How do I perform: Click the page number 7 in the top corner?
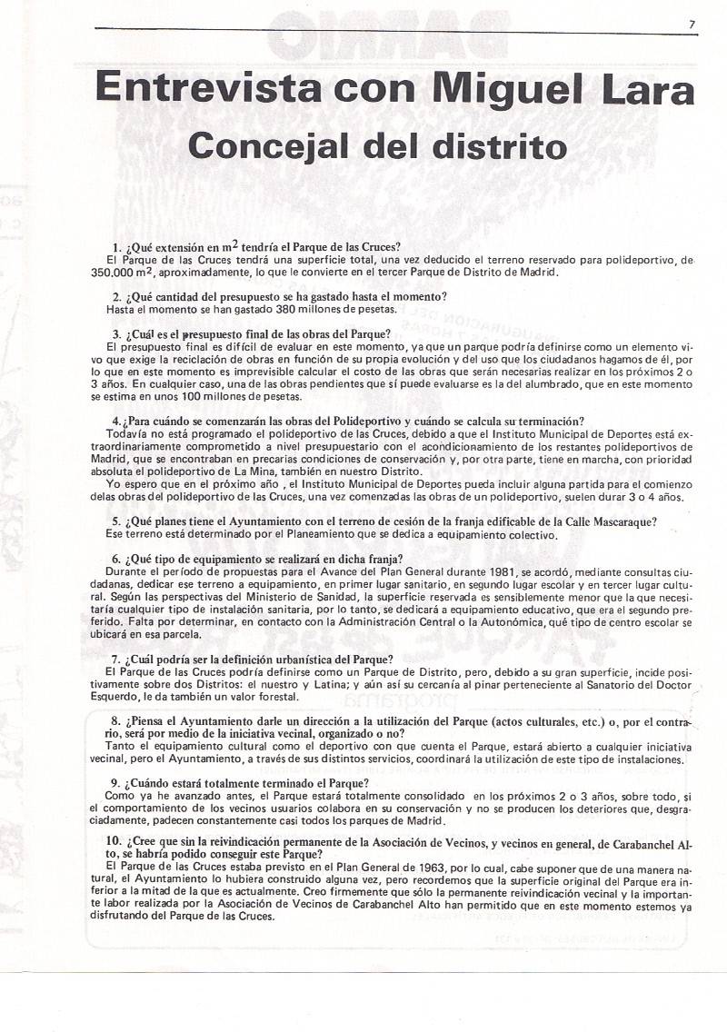[692, 26]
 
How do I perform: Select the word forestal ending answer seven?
[276, 697]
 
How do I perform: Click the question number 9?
[116, 782]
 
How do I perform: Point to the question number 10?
[114, 841]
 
